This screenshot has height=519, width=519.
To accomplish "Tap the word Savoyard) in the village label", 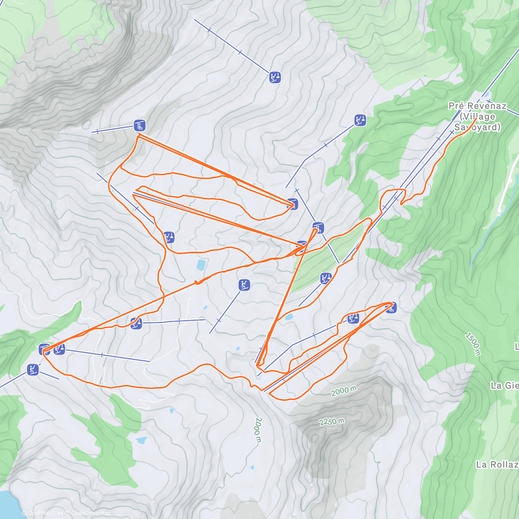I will pyautogui.click(x=477, y=127).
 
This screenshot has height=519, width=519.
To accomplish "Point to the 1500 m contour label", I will pyautogui.click(x=473, y=344).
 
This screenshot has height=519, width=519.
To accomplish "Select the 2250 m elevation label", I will pyautogui.click(x=332, y=421).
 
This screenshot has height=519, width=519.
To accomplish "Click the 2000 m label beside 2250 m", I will pyautogui.click(x=344, y=391).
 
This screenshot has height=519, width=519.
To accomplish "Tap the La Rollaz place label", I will pyautogui.click(x=497, y=465).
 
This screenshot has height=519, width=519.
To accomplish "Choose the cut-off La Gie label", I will pyautogui.click(x=504, y=385).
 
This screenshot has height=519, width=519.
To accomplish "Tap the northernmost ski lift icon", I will pyautogui.click(x=275, y=77).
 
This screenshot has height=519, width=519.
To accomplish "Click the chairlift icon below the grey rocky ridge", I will pyautogui.click(x=139, y=126).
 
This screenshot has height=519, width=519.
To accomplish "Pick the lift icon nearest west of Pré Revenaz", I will pyautogui.click(x=360, y=120).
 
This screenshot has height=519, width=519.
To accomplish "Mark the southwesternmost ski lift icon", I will pyautogui.click(x=32, y=370).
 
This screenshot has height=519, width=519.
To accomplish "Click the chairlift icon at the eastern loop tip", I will pyautogui.click(x=391, y=308).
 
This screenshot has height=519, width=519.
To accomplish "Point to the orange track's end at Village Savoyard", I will pyautogui.click(x=476, y=119).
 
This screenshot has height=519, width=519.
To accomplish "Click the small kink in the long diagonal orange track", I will pyautogui.click(x=198, y=282).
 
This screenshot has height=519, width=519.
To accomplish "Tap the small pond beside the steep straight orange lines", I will pyautogui.click(x=288, y=317).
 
